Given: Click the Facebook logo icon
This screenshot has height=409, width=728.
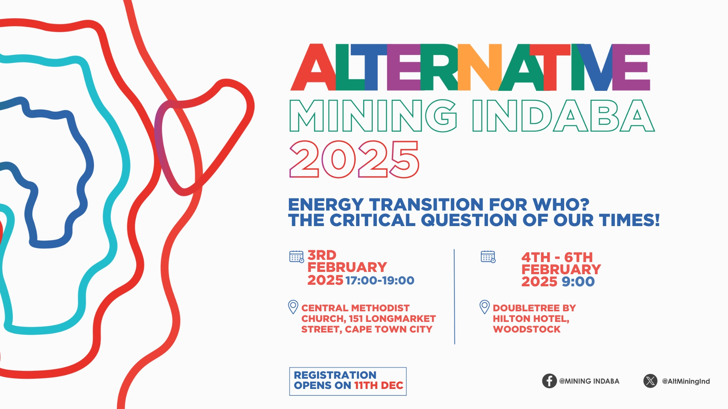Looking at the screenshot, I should coord(549,381).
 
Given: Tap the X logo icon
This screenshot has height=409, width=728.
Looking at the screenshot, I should coord(650,381).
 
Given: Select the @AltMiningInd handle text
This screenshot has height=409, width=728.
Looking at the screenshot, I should coord(686,381).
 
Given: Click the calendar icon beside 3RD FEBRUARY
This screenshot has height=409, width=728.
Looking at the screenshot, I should coord(297,257).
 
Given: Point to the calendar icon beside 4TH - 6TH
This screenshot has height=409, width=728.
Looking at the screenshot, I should coord(488,257).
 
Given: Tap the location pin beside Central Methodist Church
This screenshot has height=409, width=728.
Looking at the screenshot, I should coord(293,307).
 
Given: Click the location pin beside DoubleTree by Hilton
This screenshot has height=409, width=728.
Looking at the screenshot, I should coord(485,307).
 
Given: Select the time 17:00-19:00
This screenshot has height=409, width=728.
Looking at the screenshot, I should coord(380,281).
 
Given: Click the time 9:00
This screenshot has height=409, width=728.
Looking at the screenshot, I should coord(578,282).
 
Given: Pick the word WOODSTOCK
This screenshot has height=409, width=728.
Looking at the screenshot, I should coord(526,329).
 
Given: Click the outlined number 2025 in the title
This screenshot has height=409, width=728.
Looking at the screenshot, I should coord(354,159).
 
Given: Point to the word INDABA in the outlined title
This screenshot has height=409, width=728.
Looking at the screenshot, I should coord(563,116).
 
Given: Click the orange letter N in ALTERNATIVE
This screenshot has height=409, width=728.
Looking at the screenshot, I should coord(480,67).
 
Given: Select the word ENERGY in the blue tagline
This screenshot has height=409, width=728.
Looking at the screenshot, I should coord(326,205).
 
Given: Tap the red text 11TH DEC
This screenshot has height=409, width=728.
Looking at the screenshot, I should coord(378,386).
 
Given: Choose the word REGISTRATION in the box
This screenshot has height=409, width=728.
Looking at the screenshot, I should coord(335,375).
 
